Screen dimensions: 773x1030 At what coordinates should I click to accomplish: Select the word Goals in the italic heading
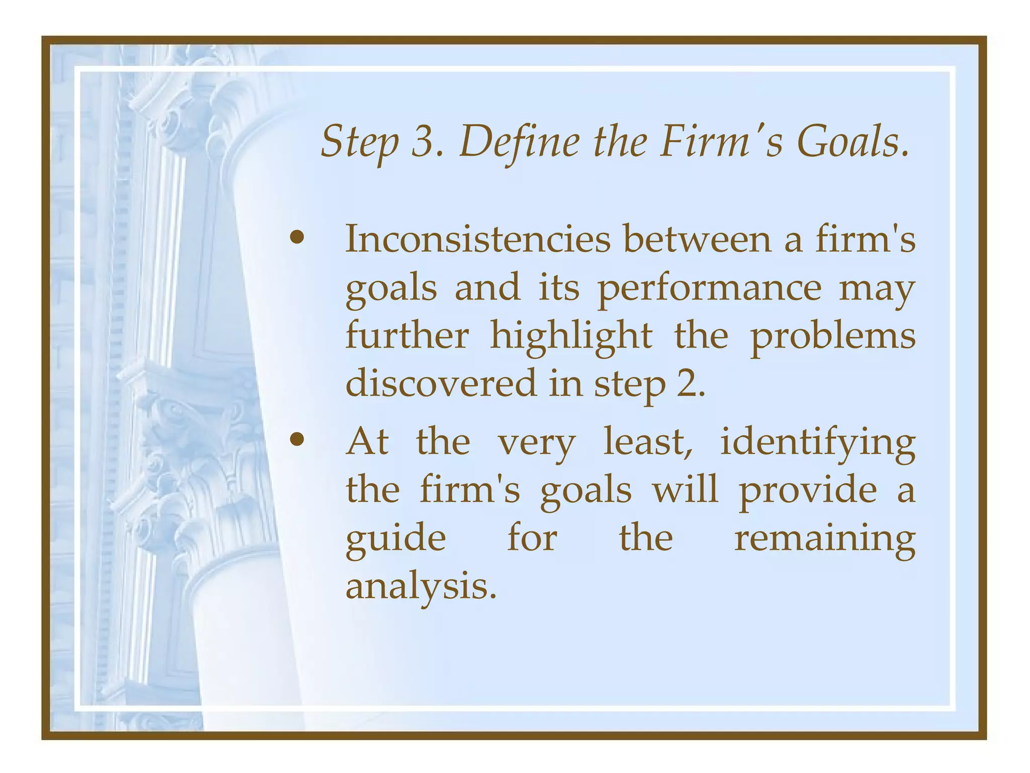(852, 142)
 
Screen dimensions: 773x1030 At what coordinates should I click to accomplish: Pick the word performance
(709, 289)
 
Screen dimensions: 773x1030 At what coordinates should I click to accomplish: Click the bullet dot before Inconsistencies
(297, 238)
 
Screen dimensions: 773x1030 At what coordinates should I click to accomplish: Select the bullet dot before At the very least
(297, 440)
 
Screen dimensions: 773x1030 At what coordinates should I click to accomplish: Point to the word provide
(807, 491)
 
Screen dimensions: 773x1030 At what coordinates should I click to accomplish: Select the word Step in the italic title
(359, 143)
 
